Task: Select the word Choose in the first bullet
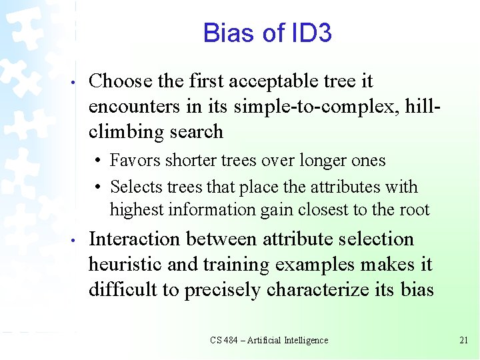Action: point(121,81)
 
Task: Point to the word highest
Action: point(137,210)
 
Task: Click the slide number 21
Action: point(464,340)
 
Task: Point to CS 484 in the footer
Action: point(225,340)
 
